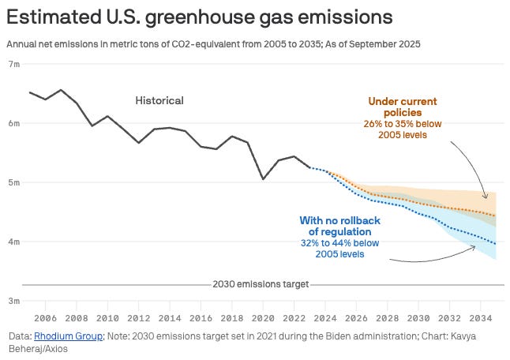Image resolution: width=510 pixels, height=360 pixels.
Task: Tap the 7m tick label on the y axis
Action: coord(13,64)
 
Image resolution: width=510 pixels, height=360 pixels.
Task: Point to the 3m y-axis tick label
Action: coord(13,301)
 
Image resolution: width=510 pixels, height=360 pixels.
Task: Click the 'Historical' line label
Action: coord(159,100)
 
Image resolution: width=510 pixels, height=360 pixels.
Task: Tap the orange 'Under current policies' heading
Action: coord(402,107)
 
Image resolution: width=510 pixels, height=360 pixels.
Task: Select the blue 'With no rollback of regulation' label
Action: coord(340,226)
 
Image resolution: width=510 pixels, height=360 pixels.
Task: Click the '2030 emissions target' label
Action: coord(261,284)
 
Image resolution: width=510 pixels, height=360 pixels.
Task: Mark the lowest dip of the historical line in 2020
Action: coord(263,179)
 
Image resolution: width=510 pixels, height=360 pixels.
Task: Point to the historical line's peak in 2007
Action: coord(61,90)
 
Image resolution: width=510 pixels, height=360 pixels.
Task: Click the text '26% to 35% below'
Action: coord(403,124)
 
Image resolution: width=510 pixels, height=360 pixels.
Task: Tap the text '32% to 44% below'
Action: coord(339,243)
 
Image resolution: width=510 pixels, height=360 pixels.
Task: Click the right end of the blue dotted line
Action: coord(496,244)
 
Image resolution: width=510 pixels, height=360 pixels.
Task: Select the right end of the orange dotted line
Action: coord(496,216)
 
